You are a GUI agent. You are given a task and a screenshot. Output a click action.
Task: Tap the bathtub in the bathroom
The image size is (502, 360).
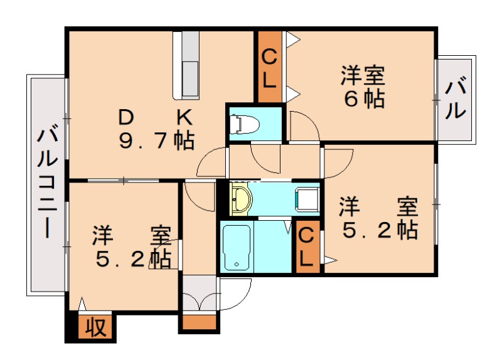(237, 246)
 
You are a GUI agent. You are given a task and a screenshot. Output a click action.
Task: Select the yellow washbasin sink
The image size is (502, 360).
(241, 198)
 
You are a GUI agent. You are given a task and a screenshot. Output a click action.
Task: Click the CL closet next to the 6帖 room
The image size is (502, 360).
(269, 67)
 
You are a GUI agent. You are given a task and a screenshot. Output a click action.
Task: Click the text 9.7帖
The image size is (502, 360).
(157, 140)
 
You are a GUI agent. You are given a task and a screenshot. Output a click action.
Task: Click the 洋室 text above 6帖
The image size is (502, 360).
(363, 76)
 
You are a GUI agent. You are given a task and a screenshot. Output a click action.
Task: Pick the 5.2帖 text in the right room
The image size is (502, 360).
(380, 230)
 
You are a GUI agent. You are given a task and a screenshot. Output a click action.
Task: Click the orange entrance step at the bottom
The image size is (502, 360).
(200, 323)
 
